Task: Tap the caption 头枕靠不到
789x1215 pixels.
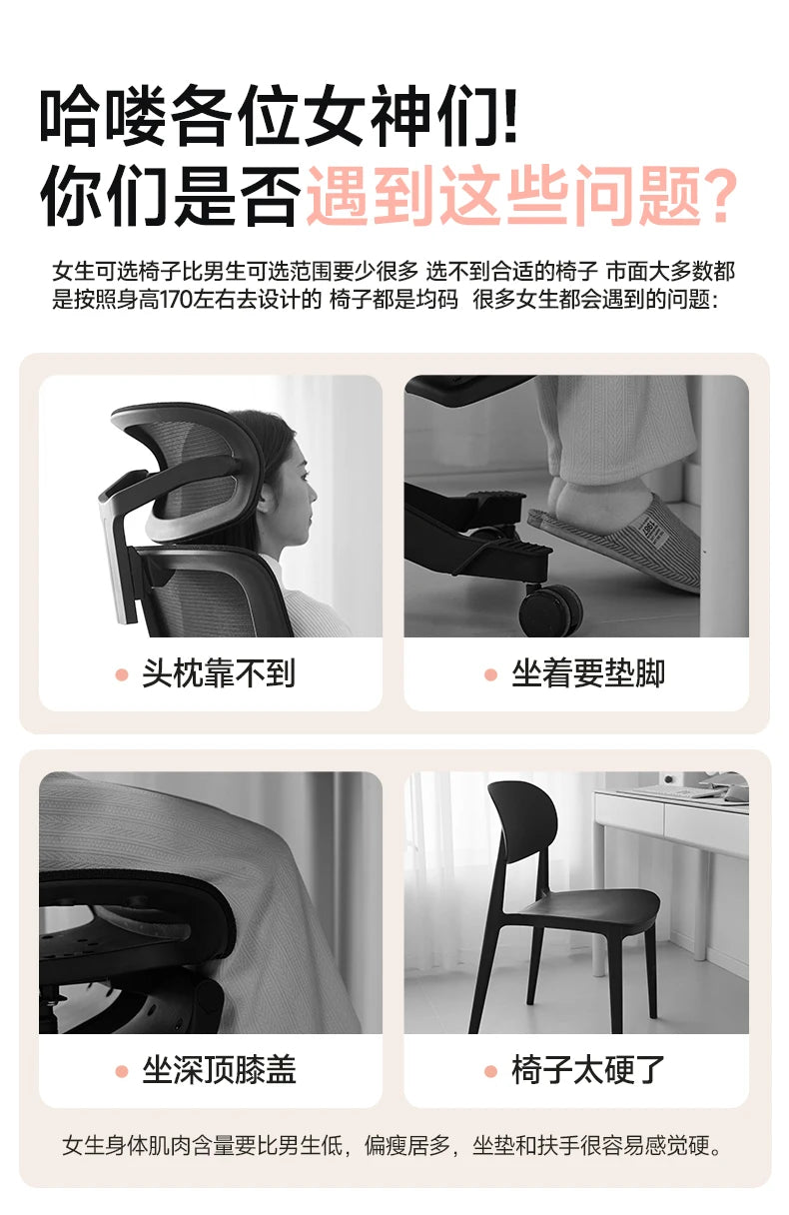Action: click(219, 673)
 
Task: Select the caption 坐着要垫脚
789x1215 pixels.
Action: click(588, 673)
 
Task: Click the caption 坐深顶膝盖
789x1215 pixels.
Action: click(219, 1070)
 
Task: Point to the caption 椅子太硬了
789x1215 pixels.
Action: click(588, 1070)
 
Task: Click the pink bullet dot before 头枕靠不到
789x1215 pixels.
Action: click(122, 674)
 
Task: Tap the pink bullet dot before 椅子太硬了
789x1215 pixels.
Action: click(490, 1071)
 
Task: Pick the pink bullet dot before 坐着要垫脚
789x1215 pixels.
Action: click(490, 674)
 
